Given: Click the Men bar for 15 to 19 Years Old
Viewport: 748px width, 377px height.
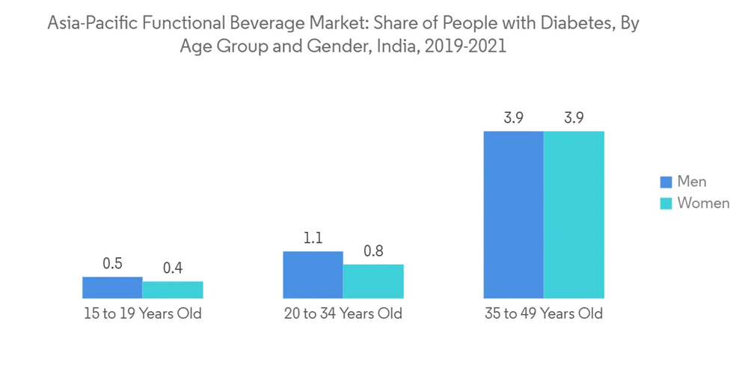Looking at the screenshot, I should pyautogui.click(x=112, y=288).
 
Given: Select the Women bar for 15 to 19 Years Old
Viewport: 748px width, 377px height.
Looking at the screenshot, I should pyautogui.click(x=173, y=290).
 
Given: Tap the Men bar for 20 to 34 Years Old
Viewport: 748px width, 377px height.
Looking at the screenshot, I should pyautogui.click(x=313, y=275).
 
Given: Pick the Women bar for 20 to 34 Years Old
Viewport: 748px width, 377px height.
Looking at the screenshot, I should pyautogui.click(x=373, y=281).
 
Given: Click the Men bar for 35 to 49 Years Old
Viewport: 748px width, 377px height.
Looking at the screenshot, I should pyautogui.click(x=513, y=215).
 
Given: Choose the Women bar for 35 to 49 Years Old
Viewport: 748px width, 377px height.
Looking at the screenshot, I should pyautogui.click(x=574, y=215).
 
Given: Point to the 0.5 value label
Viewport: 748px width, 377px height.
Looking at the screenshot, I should pyautogui.click(x=112, y=264).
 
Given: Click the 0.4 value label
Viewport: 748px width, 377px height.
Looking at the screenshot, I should pyautogui.click(x=173, y=269).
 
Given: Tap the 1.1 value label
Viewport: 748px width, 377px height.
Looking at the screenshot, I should pyautogui.click(x=313, y=239).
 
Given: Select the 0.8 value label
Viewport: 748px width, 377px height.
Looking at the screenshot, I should pyautogui.click(x=373, y=251).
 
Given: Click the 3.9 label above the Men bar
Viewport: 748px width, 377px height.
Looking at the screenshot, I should pyautogui.click(x=513, y=118).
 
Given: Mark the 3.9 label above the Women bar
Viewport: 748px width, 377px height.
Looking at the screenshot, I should pyautogui.click(x=574, y=118).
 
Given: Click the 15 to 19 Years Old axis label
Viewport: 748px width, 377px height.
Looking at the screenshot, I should pyautogui.click(x=142, y=313).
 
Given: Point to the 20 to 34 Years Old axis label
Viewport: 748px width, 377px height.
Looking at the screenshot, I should pyautogui.click(x=343, y=313).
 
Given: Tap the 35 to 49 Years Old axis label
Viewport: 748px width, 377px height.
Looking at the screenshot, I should pyautogui.click(x=543, y=313).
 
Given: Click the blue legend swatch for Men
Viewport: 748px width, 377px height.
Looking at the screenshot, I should pyautogui.click(x=666, y=182).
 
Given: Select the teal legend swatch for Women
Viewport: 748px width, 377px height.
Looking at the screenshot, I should pyautogui.click(x=666, y=203).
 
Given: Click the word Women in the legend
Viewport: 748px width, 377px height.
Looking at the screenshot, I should pyautogui.click(x=703, y=203).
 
